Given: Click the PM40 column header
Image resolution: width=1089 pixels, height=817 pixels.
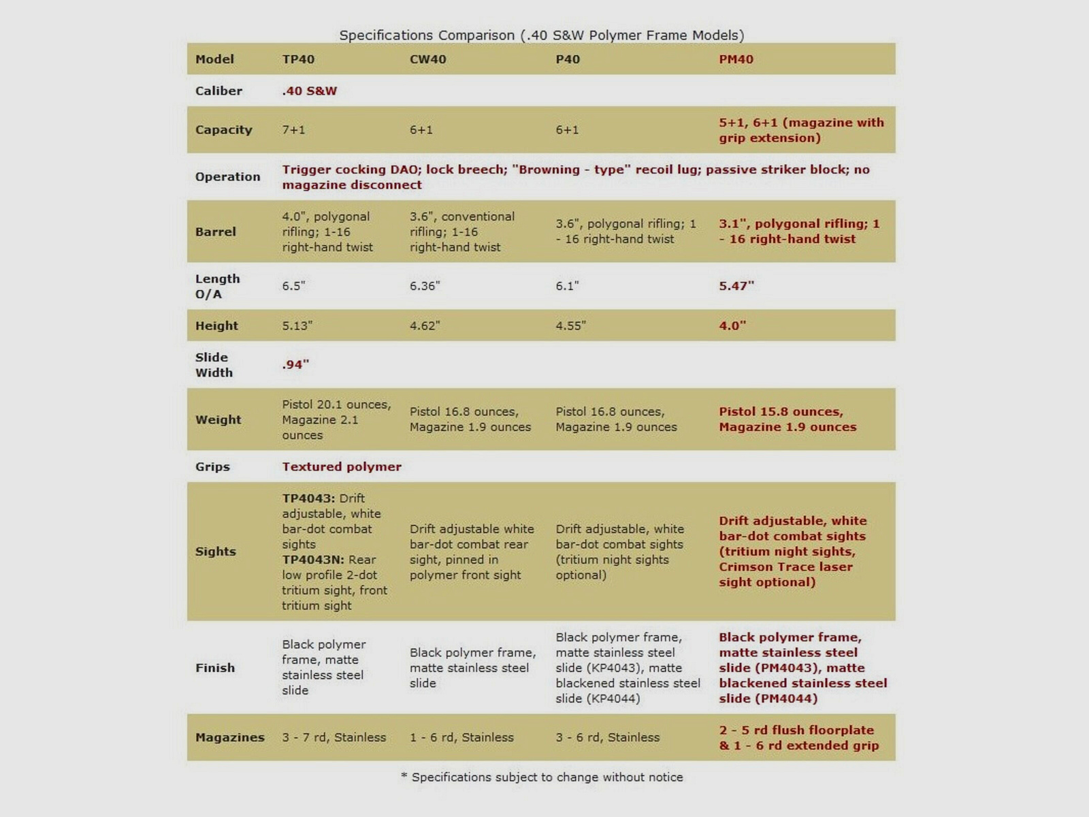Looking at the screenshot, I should pyautogui.click(x=736, y=59).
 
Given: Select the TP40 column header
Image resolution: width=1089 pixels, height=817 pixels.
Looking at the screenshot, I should pyautogui.click(x=298, y=59).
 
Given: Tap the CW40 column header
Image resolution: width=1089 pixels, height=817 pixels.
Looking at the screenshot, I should pyautogui.click(x=427, y=59).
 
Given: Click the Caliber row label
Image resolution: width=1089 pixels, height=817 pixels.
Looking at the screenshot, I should pyautogui.click(x=218, y=91).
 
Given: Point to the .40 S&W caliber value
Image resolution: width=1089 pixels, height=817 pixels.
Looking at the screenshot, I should pyautogui.click(x=310, y=91).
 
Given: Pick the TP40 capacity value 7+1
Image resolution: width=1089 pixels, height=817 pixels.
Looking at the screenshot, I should pyautogui.click(x=293, y=130).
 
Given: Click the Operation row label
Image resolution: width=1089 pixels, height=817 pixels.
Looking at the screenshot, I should pyautogui.click(x=227, y=177).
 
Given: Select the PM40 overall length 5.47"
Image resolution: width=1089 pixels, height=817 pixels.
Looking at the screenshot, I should pyautogui.click(x=736, y=286).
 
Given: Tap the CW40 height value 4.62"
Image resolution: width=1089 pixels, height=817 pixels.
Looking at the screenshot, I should pyautogui.click(x=425, y=325).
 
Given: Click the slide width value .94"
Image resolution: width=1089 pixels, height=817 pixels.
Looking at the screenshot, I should pyautogui.click(x=295, y=365).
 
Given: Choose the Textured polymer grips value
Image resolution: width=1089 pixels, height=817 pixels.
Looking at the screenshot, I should pyautogui.click(x=342, y=467).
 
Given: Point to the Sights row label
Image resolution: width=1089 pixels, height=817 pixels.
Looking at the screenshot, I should pyautogui.click(x=215, y=551).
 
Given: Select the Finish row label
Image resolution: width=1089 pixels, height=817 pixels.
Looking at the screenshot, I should pyautogui.click(x=215, y=668).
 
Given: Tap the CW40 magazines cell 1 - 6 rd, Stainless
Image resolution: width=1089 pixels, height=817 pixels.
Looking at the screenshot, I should pyautogui.click(x=461, y=737).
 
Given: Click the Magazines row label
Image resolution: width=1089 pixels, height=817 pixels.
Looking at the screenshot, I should pyautogui.click(x=229, y=737).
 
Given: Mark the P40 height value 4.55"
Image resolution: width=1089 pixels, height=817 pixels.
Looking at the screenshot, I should pyautogui.click(x=570, y=325).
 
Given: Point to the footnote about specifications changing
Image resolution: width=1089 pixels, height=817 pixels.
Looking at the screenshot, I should pyautogui.click(x=542, y=778).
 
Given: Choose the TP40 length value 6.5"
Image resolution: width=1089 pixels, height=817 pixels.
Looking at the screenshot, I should pyautogui.click(x=293, y=286).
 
